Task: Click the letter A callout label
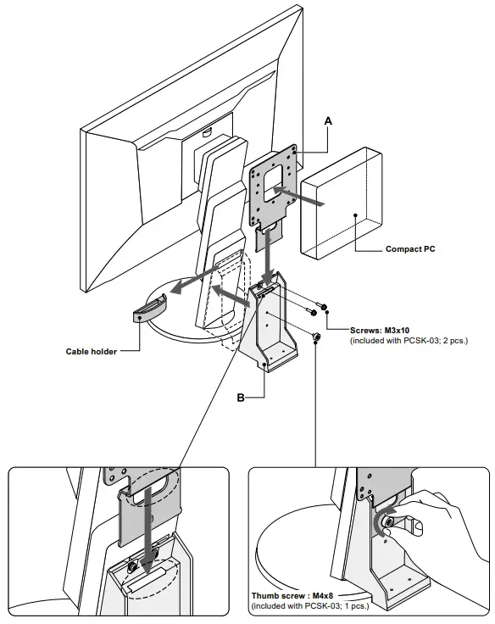point(328,122)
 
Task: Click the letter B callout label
point(242,396)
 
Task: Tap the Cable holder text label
point(91,351)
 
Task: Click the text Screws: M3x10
point(381,330)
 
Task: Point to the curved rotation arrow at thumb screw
point(381,518)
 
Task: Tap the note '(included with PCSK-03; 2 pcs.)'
point(409,340)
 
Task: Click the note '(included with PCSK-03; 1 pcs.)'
point(310,607)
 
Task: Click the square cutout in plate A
point(271,181)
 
